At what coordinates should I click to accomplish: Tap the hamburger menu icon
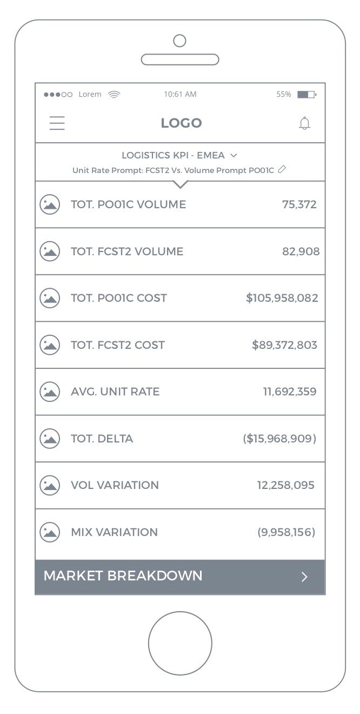(57, 123)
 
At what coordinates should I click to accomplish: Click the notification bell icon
(305, 123)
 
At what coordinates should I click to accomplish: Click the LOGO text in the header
(181, 123)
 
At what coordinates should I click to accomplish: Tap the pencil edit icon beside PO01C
(282, 170)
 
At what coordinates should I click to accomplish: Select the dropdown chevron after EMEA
(234, 156)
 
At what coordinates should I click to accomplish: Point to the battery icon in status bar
(306, 95)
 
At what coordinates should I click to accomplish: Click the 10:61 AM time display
(180, 94)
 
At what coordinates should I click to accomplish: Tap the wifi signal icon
(114, 95)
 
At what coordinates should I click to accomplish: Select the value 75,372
(299, 204)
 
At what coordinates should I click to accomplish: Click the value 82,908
(301, 252)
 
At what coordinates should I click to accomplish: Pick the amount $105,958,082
(282, 298)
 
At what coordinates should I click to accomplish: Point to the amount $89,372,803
(285, 345)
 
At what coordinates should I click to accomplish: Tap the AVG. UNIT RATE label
(115, 392)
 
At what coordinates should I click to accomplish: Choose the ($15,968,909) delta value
(279, 439)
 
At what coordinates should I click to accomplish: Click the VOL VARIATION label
(115, 485)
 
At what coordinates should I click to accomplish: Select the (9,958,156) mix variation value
(286, 532)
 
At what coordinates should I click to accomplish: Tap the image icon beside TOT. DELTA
(50, 439)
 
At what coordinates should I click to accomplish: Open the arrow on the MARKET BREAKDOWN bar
(304, 577)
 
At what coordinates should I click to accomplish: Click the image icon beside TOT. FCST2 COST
(50, 345)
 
